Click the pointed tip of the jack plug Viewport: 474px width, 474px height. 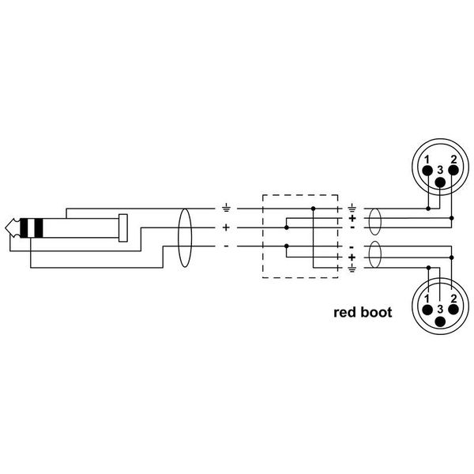point(6,228)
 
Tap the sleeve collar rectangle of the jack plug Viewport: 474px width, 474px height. point(123,228)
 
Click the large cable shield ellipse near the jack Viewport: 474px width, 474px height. point(185,238)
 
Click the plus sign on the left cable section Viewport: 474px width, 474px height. point(226,228)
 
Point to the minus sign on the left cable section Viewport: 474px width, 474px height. point(226,246)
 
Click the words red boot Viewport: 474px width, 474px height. point(363,312)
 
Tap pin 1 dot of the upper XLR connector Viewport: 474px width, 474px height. point(427,171)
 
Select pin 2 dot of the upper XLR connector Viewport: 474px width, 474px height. point(453,170)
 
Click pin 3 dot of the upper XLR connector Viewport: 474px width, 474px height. point(441,182)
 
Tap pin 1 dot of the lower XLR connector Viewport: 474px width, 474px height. point(427,310)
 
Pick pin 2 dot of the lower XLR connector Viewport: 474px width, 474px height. point(453,310)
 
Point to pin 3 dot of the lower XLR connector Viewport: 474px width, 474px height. point(441,322)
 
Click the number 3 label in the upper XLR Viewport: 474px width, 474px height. point(440,170)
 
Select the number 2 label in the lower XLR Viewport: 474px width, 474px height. point(453,299)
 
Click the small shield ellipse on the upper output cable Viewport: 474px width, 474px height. point(374,221)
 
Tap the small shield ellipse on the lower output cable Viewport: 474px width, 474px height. point(374,254)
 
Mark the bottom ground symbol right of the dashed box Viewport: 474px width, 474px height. point(352,268)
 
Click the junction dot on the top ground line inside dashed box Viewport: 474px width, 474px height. point(313,209)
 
